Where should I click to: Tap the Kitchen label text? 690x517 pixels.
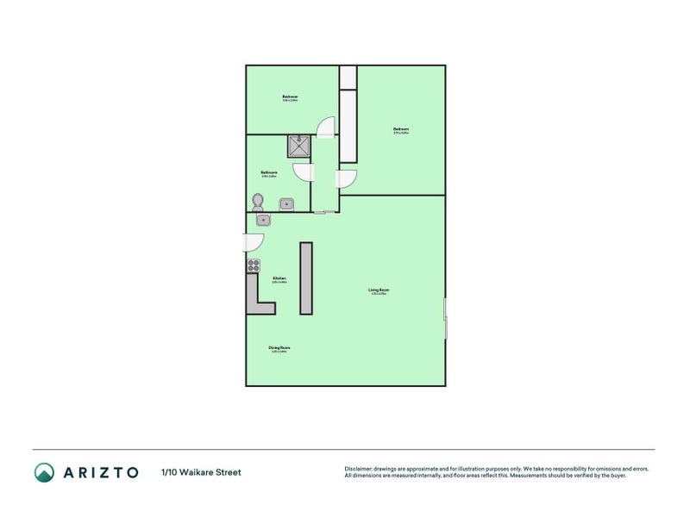coord(279,279)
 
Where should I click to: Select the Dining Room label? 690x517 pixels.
coord(279,349)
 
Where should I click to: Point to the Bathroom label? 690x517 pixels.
coord(268,173)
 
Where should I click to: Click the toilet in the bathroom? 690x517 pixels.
coord(257,202)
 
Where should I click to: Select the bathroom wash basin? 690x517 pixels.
coord(287,204)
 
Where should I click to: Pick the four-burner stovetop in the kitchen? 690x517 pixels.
coord(254,265)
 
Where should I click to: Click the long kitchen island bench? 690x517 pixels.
coord(305,277)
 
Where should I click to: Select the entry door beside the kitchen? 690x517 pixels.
coord(256,242)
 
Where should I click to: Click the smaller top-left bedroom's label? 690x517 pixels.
coord(290,97)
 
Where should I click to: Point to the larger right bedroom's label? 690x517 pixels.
coord(401,131)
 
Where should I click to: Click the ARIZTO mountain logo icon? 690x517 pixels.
coord(44,472)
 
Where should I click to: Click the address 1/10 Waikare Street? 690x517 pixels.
coord(201,472)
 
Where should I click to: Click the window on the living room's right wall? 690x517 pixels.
coord(445,319)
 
